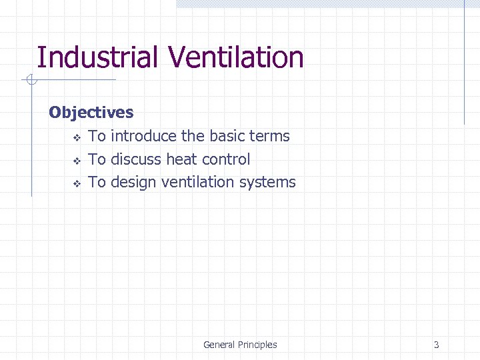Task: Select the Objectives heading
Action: click(x=91, y=113)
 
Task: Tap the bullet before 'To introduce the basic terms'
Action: click(x=76, y=138)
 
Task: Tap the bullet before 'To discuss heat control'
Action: click(x=76, y=161)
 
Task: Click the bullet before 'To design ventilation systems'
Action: click(x=76, y=183)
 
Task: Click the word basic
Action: click(x=227, y=136)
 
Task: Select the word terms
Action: click(x=269, y=136)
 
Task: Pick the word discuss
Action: click(x=136, y=159)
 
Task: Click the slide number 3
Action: click(x=436, y=345)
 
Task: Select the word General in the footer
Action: click(x=219, y=345)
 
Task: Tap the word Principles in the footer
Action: click(x=258, y=345)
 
